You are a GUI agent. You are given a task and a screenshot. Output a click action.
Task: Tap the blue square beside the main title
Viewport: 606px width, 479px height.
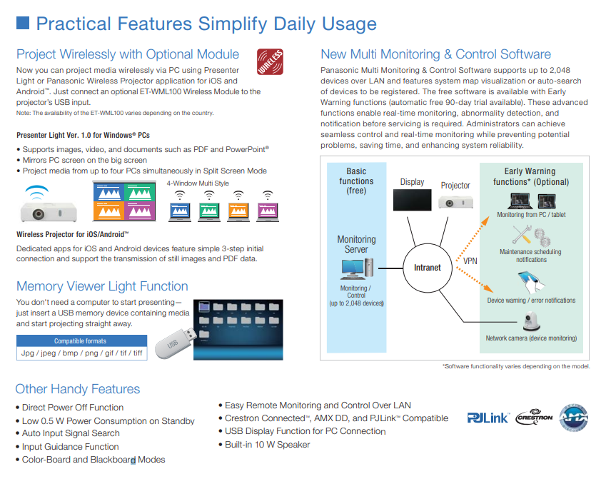(x=23, y=24)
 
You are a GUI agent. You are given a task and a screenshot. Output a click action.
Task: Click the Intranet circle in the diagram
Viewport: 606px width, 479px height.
(x=428, y=268)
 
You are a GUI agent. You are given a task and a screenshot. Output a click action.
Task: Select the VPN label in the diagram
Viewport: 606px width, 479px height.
(x=470, y=261)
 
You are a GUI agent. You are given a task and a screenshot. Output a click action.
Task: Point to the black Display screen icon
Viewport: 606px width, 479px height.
(x=413, y=199)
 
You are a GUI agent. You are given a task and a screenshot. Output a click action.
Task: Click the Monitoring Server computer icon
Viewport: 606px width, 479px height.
(x=356, y=268)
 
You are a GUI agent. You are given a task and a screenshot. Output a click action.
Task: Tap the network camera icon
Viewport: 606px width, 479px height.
(x=531, y=323)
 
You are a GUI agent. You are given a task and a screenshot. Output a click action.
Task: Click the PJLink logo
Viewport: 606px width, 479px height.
(x=488, y=418)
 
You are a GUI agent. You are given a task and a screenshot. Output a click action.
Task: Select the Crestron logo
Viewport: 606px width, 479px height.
(x=534, y=418)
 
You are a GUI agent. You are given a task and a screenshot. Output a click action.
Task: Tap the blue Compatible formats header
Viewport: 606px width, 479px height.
(x=80, y=341)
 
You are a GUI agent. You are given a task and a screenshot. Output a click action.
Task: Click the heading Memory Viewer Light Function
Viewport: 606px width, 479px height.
(x=102, y=286)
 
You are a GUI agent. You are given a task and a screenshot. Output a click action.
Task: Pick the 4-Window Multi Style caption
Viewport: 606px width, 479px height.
(x=198, y=183)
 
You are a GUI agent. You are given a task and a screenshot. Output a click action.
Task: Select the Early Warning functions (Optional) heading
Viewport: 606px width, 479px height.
(x=531, y=176)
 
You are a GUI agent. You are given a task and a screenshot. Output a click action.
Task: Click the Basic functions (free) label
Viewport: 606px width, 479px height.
(x=356, y=181)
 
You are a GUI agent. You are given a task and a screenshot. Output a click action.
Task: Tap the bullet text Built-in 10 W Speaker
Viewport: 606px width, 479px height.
(x=267, y=445)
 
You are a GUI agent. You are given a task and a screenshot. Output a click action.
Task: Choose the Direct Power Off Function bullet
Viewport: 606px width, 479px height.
(x=73, y=408)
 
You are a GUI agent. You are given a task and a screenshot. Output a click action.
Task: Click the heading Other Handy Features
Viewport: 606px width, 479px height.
(x=78, y=389)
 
